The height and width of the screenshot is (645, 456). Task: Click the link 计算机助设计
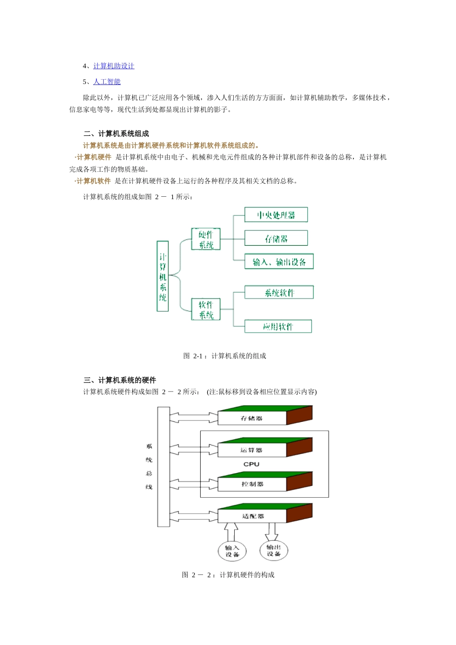click(114, 66)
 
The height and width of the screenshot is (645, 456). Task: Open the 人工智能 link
click(107, 82)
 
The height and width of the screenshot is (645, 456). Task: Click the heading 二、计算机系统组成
click(116, 134)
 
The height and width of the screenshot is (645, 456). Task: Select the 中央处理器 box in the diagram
click(276, 215)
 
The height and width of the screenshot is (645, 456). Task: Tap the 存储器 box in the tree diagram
click(276, 239)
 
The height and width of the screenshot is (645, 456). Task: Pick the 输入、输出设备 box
click(279, 262)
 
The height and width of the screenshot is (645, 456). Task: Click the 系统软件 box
click(279, 293)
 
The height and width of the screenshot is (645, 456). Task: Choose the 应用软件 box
click(278, 326)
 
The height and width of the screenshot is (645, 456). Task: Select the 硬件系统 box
click(205, 239)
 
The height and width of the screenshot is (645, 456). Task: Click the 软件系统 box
click(206, 310)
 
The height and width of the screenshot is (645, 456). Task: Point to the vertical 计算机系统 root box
click(163, 276)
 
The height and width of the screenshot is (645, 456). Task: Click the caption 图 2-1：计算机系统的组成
click(225, 356)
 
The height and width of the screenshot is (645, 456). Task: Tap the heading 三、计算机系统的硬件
click(120, 381)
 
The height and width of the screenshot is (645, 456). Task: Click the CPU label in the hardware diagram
click(251, 465)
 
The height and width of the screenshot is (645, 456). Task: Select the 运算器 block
click(252, 450)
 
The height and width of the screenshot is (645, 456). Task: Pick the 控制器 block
click(252, 484)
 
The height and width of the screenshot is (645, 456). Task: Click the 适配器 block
click(252, 516)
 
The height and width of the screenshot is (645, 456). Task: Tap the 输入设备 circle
click(232, 551)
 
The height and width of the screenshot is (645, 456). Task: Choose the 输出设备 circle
click(274, 550)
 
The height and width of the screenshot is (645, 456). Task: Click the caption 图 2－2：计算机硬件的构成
click(228, 575)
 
